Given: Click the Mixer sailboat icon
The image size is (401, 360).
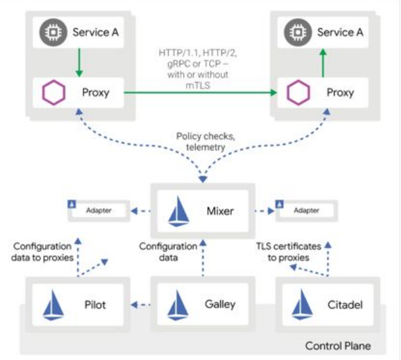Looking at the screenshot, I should point(178,212).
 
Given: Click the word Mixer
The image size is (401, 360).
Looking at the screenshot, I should point(219,210).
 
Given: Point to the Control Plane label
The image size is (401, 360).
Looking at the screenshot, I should point(337,346).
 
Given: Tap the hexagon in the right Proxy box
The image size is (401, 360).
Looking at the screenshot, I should point(297,93).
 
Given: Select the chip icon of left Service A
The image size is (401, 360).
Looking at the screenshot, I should point(50,32).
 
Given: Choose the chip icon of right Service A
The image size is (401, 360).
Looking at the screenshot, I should point(297,32).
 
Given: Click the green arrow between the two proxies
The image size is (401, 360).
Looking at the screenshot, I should point(200,93).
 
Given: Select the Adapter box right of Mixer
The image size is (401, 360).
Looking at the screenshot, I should point(306,210).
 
